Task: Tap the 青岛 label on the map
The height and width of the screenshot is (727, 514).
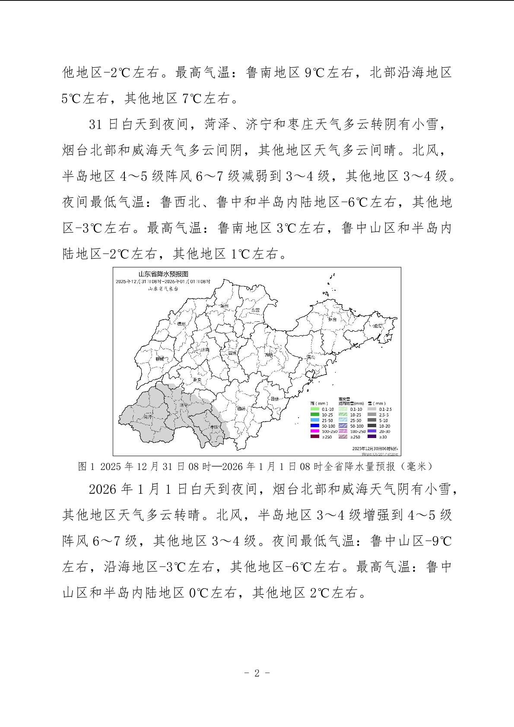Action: pos(310,357)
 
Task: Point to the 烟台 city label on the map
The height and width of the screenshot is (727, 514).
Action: pos(332,319)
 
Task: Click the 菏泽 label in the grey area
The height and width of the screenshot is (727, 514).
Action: pos(148,417)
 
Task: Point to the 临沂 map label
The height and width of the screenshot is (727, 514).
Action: pos(241,408)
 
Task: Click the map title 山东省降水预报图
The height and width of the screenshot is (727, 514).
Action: pos(163,274)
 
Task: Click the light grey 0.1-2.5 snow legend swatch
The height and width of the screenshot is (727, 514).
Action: pos(371,409)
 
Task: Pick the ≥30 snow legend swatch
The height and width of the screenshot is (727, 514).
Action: pos(371,437)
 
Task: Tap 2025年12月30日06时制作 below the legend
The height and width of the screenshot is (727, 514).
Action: pos(375,449)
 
